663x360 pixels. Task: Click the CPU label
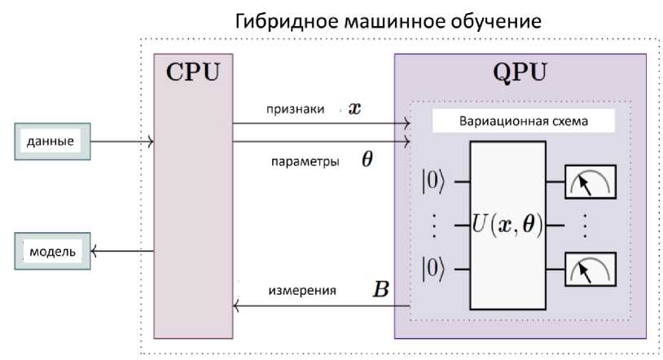coord(192,72)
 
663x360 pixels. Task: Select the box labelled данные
coord(50,142)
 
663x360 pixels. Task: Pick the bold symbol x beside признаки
coord(354,108)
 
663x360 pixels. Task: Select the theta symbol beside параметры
coord(367,160)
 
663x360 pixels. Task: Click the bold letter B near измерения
coord(380,288)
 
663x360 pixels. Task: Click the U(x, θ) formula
coord(507,222)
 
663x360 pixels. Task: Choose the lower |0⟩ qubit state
coord(433,268)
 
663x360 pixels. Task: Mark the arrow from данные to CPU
coord(122,143)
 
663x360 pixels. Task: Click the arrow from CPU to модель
coord(122,252)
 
